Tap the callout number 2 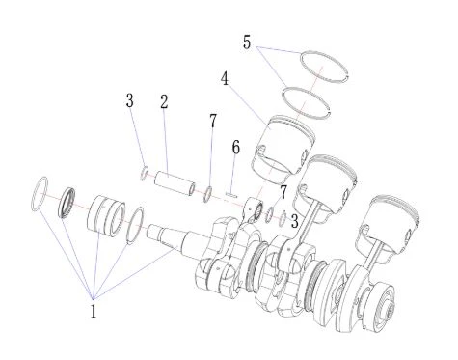tap(164, 101)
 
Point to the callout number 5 tap(247, 42)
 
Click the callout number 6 tap(236, 148)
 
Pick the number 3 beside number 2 tap(129, 100)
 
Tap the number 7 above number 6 tap(213, 121)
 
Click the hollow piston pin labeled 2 tap(175, 183)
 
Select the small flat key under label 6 tap(231, 194)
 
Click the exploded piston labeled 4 tap(283, 145)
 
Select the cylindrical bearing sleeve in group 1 tap(106, 215)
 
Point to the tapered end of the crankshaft tap(162, 235)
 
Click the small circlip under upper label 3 tap(145, 173)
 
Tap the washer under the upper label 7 tap(208, 194)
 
